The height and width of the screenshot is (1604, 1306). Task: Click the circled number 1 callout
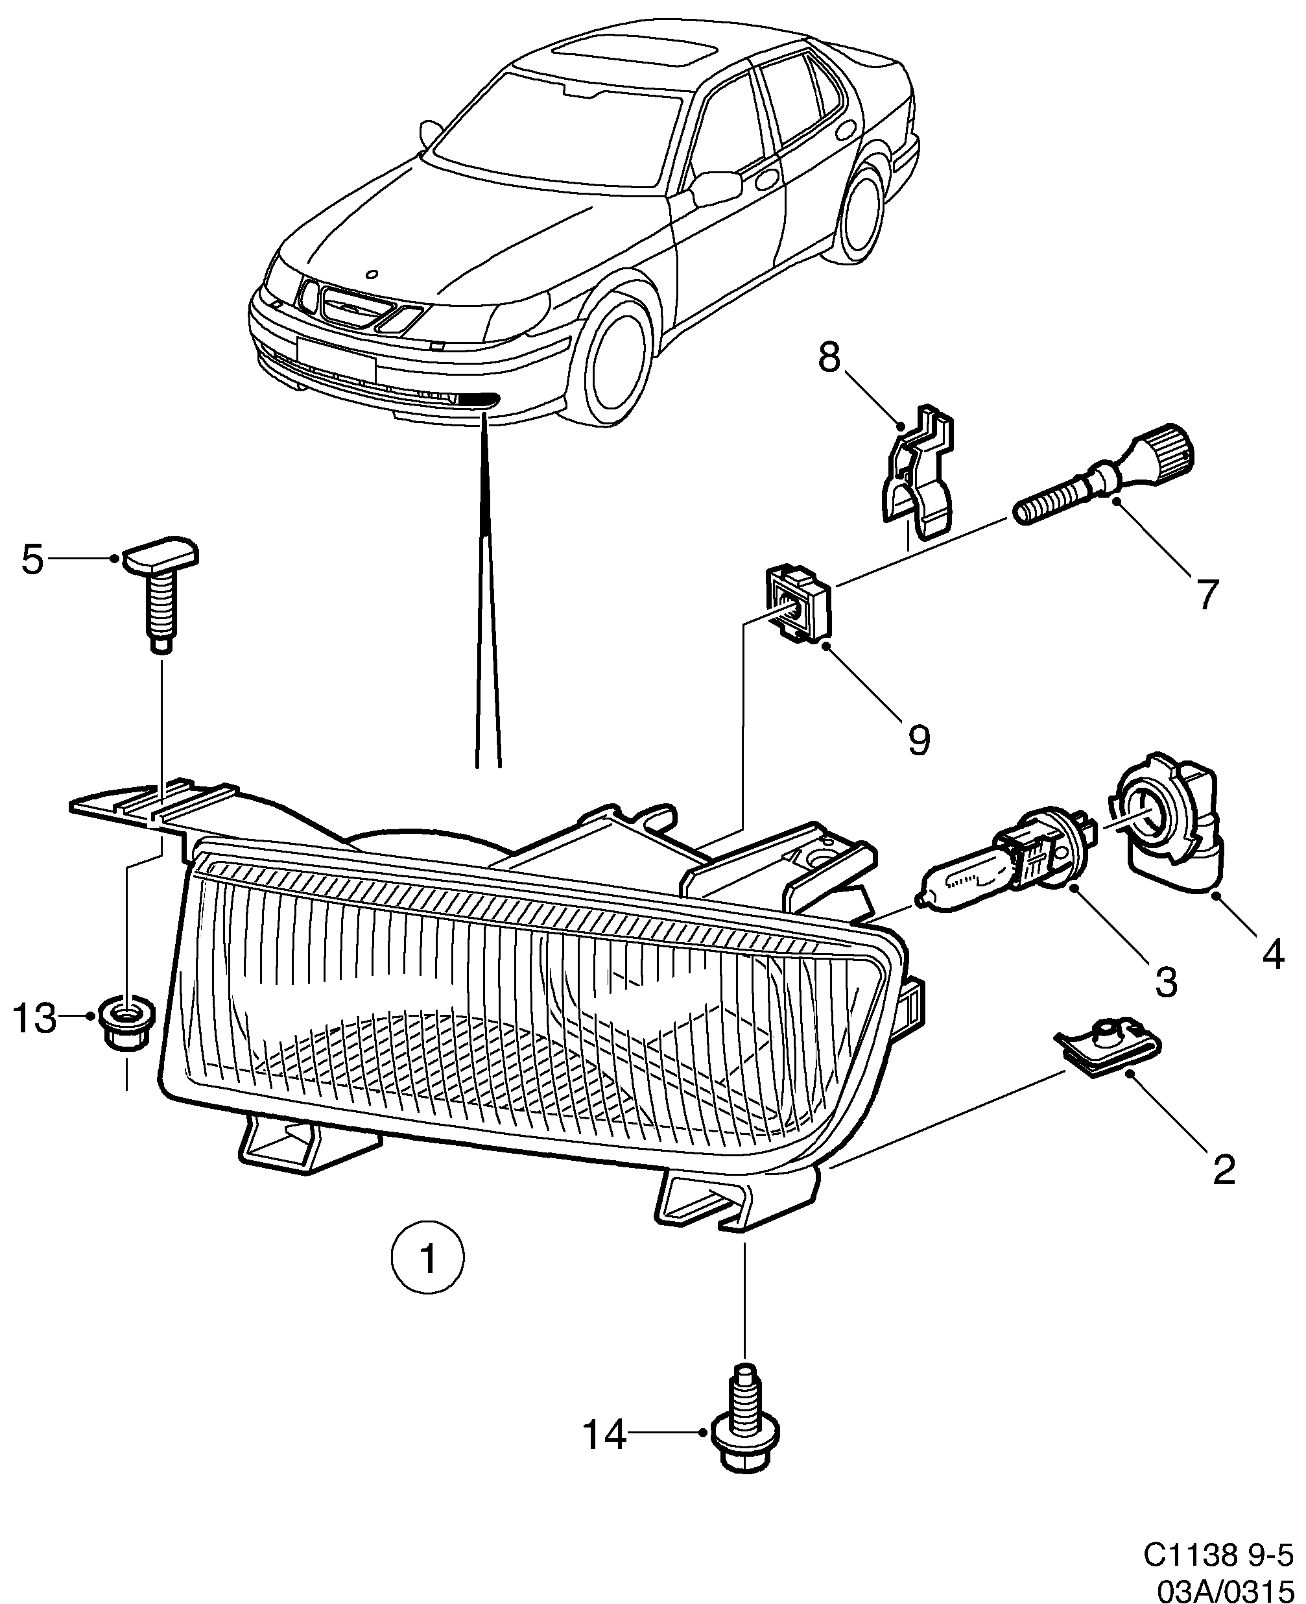point(428,1258)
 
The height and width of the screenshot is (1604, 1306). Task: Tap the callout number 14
point(605,1435)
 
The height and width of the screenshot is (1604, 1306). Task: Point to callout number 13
point(34,1019)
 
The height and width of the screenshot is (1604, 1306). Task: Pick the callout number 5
point(32,560)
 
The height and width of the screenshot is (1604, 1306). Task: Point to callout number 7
point(1207,594)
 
